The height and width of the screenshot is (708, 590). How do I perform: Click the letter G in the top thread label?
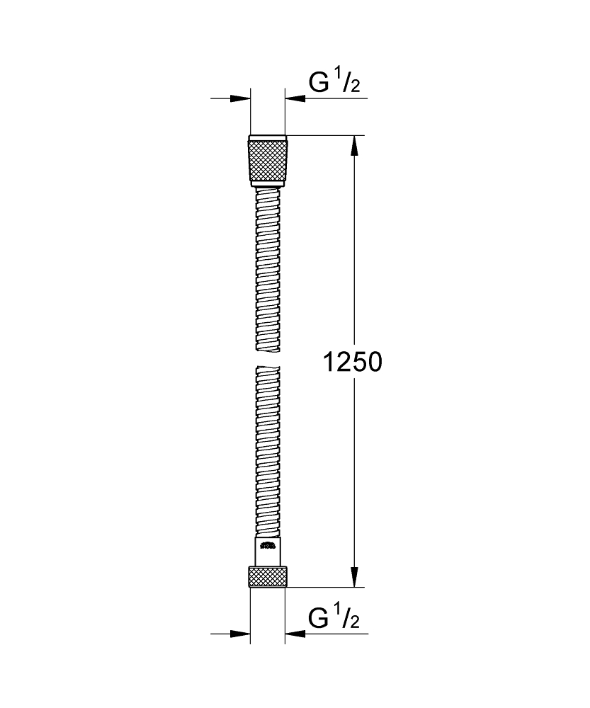point(319,84)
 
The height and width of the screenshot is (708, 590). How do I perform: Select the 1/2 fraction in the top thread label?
point(349,84)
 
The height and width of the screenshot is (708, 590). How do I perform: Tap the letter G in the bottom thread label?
point(319,619)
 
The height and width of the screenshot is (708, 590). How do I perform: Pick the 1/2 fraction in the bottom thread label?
point(349,619)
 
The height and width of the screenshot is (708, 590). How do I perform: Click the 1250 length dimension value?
point(352,362)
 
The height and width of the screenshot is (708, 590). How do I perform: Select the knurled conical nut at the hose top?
point(268,159)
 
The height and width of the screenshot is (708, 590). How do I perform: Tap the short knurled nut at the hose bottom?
point(268,576)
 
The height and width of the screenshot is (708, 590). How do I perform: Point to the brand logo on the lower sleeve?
point(268,546)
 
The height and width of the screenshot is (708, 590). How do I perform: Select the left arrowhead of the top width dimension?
point(241,98)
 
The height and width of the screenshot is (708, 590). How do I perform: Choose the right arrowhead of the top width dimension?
point(295,98)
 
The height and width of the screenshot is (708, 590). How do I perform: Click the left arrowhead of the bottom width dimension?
point(241,634)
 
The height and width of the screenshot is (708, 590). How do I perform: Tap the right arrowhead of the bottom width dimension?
point(295,634)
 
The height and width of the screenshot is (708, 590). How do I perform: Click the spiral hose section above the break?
point(268,269)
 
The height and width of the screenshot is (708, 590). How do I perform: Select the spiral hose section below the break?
point(268,453)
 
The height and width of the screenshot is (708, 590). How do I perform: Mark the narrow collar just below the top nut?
point(268,185)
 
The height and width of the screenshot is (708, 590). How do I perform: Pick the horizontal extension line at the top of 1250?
point(326,135)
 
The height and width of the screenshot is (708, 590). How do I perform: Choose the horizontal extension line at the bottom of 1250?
point(326,587)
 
